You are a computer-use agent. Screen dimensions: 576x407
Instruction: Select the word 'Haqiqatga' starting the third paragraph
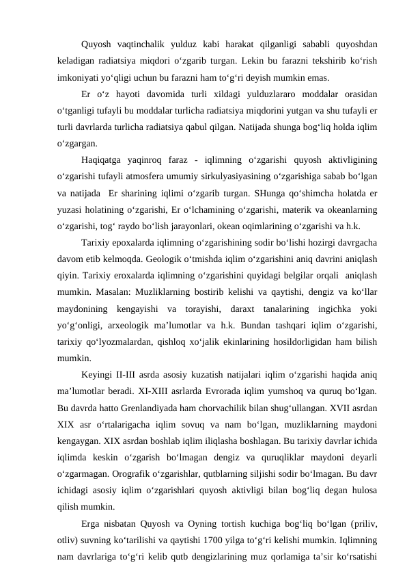coord(102,160)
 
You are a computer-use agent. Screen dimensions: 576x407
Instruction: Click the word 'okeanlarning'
coord(351,209)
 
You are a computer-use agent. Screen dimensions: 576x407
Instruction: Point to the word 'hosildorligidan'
coord(298,341)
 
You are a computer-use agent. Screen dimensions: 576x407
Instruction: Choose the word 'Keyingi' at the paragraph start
coord(100,374)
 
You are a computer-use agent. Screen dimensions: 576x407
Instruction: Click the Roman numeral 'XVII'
coord(330,406)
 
